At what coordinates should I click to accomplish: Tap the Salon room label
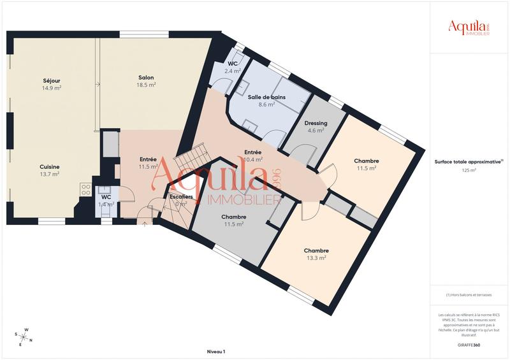point(146,78)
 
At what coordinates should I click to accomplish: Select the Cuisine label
point(49,166)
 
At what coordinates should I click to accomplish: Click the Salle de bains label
point(266,97)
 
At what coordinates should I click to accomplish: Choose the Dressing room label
point(316,123)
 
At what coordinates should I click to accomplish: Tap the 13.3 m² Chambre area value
point(316,258)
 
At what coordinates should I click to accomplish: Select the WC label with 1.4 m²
point(106,197)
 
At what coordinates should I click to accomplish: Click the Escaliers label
point(181,197)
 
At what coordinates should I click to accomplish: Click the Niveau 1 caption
point(216,352)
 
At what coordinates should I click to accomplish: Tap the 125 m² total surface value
point(469,171)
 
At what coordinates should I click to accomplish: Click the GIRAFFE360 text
point(469,344)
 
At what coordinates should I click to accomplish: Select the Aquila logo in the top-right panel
point(469,27)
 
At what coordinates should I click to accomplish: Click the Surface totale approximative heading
point(469,162)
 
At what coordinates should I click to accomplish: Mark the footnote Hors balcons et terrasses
point(469,294)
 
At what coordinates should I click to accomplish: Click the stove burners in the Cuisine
point(85,189)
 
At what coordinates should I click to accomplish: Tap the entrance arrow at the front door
point(145,224)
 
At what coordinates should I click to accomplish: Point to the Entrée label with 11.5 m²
point(148,159)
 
